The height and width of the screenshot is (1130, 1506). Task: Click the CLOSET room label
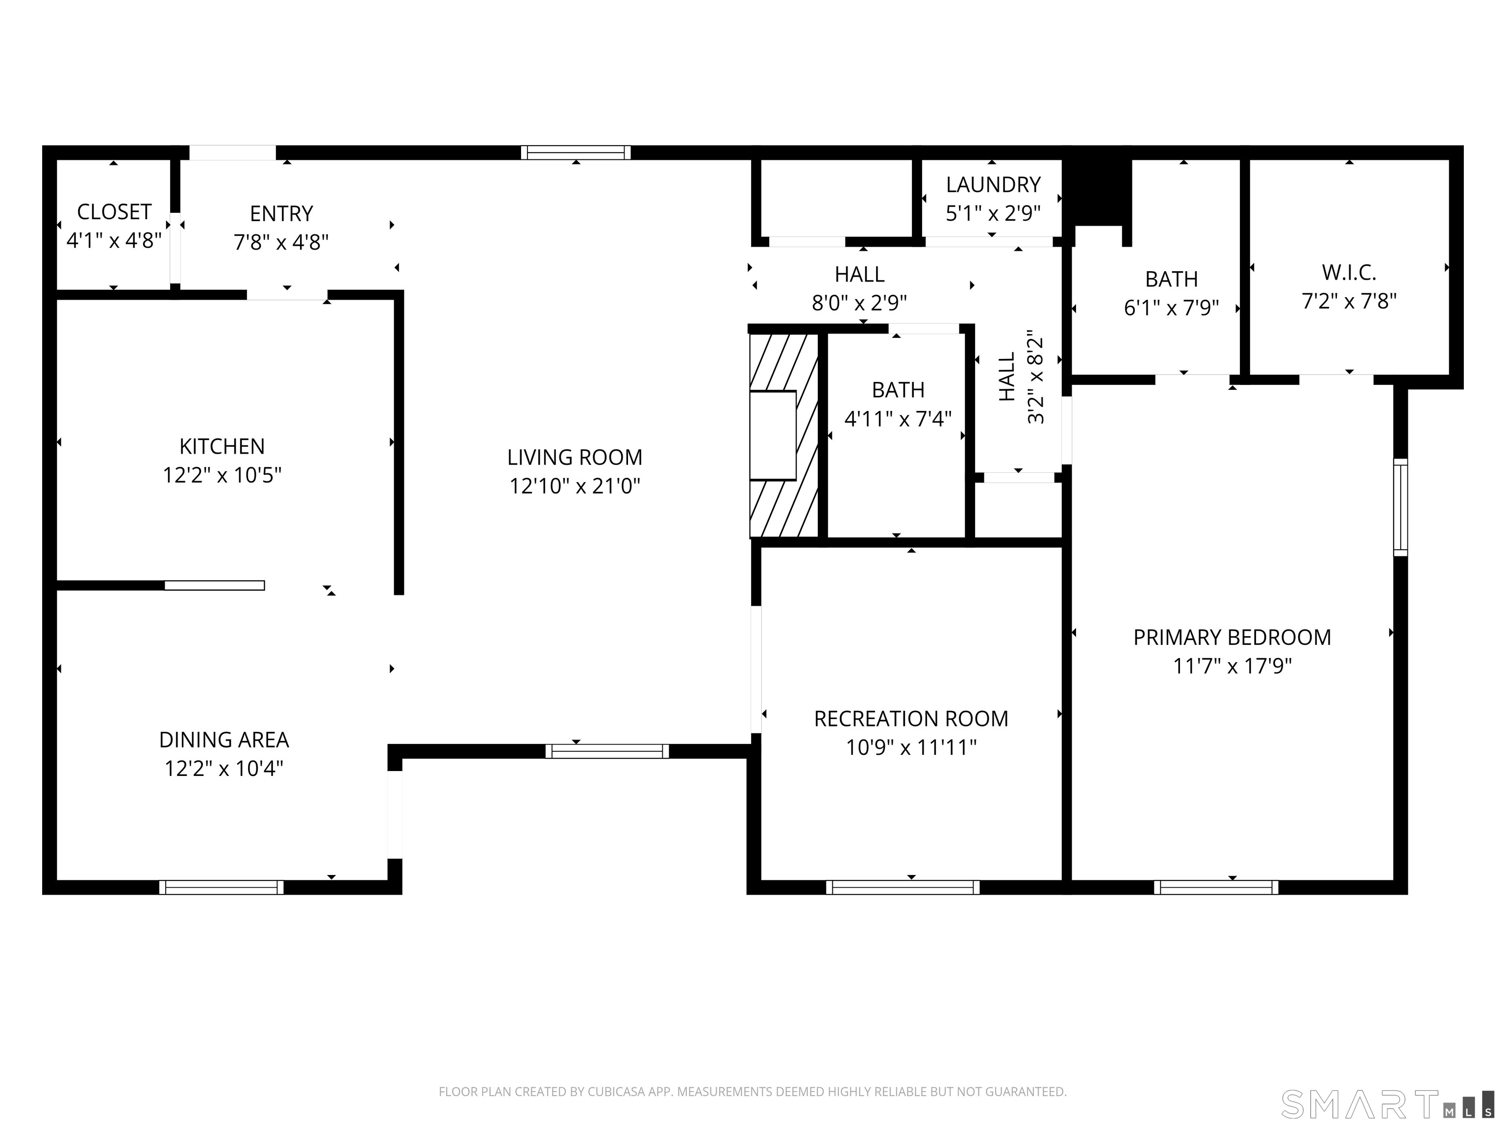(114, 212)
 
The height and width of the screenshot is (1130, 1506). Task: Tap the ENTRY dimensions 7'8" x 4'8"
(281, 242)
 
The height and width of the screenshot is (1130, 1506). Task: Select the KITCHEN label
(222, 446)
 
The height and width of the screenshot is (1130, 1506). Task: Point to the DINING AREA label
(224, 740)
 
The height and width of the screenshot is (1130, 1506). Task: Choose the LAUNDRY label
(993, 184)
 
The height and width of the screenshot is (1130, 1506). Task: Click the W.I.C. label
(1349, 273)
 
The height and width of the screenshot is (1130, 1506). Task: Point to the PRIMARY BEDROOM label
(1231, 638)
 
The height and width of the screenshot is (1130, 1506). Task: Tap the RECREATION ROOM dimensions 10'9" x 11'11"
(911, 748)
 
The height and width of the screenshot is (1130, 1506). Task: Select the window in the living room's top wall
(576, 153)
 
